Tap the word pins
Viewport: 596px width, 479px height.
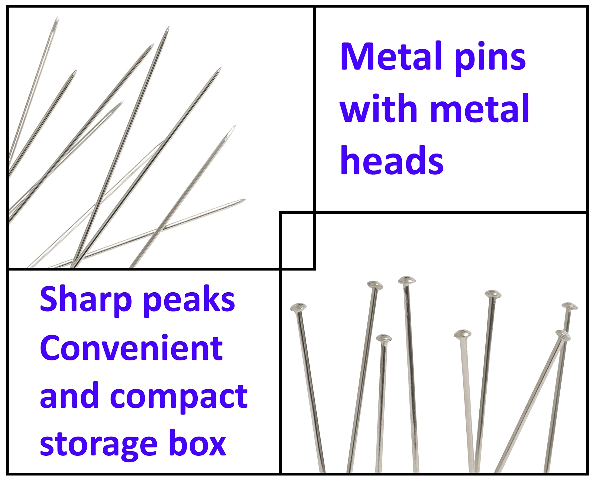[x=490, y=59]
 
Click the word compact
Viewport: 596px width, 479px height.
[x=179, y=398]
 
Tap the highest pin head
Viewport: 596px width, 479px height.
[x=407, y=280]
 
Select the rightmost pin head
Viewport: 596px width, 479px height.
[x=569, y=306]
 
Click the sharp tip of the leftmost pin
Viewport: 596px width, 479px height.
[x=58, y=17]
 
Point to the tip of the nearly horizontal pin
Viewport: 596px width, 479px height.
[x=245, y=199]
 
